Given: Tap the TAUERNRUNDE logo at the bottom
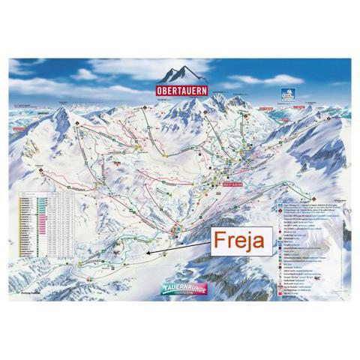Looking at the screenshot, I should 179,284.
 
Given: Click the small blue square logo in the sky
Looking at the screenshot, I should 286,94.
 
